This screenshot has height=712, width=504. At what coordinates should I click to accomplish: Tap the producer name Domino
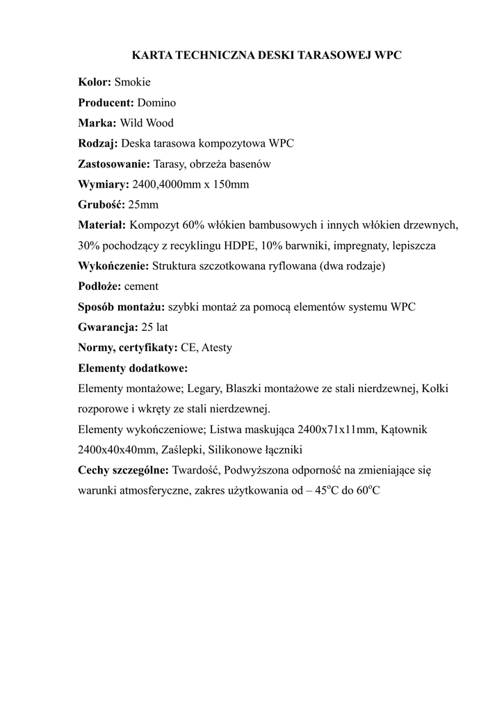(156, 103)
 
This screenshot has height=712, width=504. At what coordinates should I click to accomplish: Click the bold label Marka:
(97, 123)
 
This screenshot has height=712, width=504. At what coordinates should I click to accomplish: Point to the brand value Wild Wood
(147, 123)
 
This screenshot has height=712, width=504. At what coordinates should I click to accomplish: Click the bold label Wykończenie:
(113, 266)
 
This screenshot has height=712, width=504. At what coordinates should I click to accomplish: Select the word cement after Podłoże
(142, 286)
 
